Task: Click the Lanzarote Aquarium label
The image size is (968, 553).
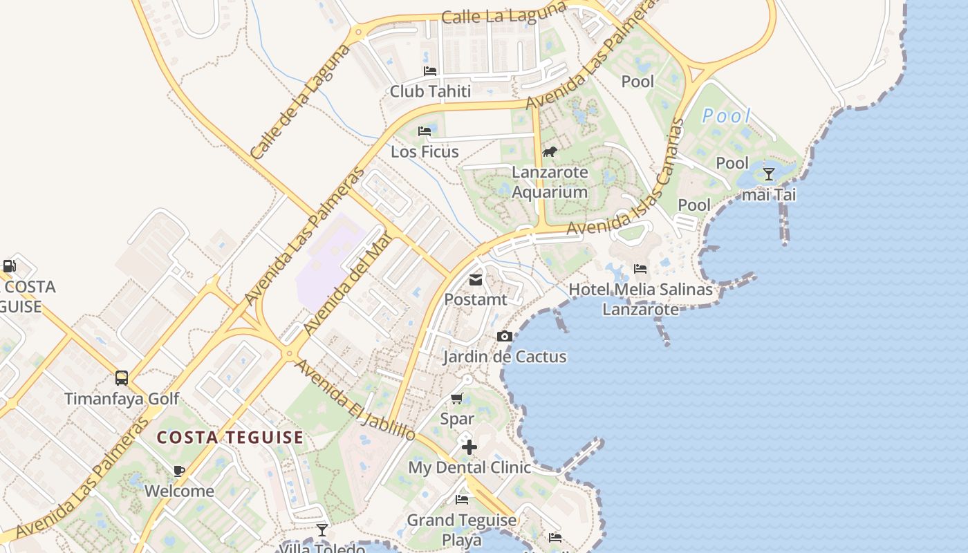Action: [550, 182]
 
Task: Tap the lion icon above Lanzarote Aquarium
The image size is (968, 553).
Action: [550, 152]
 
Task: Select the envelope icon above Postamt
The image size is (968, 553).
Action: [476, 280]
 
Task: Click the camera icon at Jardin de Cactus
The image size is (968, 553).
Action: [505, 337]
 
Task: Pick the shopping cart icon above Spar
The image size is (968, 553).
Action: [457, 398]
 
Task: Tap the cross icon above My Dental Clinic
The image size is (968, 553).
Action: [469, 447]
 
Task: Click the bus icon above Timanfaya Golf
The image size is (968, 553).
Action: [122, 378]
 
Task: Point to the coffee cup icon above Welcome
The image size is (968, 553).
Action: [179, 471]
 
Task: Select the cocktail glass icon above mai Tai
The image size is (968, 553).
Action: [768, 174]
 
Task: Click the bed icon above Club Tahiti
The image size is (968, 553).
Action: [430, 71]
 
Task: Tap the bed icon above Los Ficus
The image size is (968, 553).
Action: [425, 131]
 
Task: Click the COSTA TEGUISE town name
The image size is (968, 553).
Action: [230, 438]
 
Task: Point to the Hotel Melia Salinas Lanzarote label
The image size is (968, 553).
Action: [640, 299]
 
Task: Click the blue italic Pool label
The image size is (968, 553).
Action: [726, 116]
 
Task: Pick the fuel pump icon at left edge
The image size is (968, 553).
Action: [10, 266]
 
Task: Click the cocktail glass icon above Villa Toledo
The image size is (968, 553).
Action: [322, 530]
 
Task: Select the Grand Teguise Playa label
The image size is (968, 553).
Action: [461, 529]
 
